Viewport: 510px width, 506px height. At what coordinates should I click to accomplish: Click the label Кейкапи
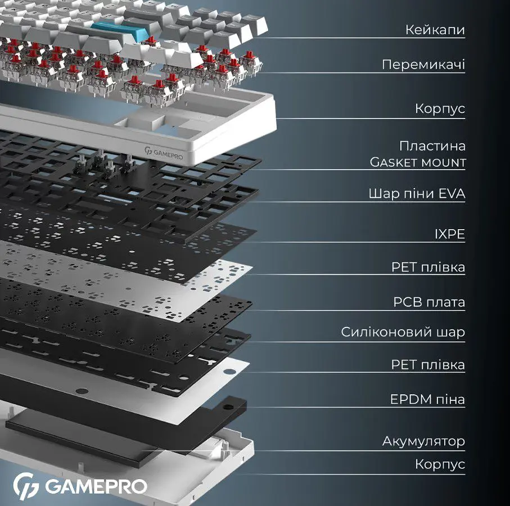tap(435, 30)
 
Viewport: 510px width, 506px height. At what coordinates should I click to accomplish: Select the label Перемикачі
tap(423, 65)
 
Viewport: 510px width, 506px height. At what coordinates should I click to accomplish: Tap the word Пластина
tap(432, 146)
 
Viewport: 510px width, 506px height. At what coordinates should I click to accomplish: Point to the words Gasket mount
tap(418, 162)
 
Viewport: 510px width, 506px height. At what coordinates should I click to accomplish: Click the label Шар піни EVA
tap(417, 194)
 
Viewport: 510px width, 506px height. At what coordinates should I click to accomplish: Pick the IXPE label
tap(450, 234)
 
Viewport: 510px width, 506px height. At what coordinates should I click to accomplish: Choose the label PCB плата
tap(429, 302)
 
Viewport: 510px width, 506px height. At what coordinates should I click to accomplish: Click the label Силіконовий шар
tap(403, 332)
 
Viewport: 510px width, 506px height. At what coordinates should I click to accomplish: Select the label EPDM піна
tap(427, 399)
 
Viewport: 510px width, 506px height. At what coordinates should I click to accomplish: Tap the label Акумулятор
tap(423, 441)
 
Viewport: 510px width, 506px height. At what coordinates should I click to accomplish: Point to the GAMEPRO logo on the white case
tap(164, 153)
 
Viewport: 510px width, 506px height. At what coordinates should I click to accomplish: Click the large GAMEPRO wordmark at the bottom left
tap(96, 486)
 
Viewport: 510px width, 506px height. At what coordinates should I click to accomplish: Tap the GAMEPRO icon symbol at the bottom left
tap(26, 486)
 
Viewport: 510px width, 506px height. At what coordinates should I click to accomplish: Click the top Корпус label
tap(440, 108)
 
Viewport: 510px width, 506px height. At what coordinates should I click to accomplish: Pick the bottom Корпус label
tap(440, 464)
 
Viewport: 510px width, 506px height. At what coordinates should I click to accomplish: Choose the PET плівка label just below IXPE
tap(428, 267)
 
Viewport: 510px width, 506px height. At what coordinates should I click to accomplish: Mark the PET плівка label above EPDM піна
tap(428, 364)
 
